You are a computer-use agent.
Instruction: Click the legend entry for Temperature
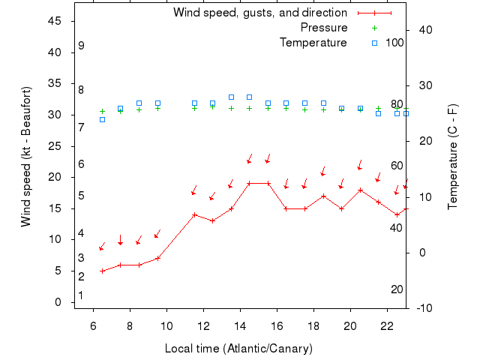(x=313, y=42)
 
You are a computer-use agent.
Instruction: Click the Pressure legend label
(x=324, y=28)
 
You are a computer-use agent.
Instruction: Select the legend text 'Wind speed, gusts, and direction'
(x=259, y=13)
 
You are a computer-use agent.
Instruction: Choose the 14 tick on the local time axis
(x=240, y=325)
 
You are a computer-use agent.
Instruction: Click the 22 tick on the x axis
(x=387, y=325)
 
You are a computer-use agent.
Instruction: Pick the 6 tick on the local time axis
(x=93, y=325)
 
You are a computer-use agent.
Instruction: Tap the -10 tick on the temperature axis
(x=423, y=307)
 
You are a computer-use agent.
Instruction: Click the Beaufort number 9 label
(x=81, y=46)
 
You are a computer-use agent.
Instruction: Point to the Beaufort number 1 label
(x=81, y=295)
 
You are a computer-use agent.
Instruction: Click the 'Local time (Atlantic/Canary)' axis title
(x=238, y=349)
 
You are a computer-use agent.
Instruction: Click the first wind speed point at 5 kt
(x=102, y=271)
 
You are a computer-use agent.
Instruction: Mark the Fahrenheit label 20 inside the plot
(x=397, y=289)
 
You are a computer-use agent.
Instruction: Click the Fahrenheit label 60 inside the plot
(x=397, y=166)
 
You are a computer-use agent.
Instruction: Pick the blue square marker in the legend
(x=375, y=43)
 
